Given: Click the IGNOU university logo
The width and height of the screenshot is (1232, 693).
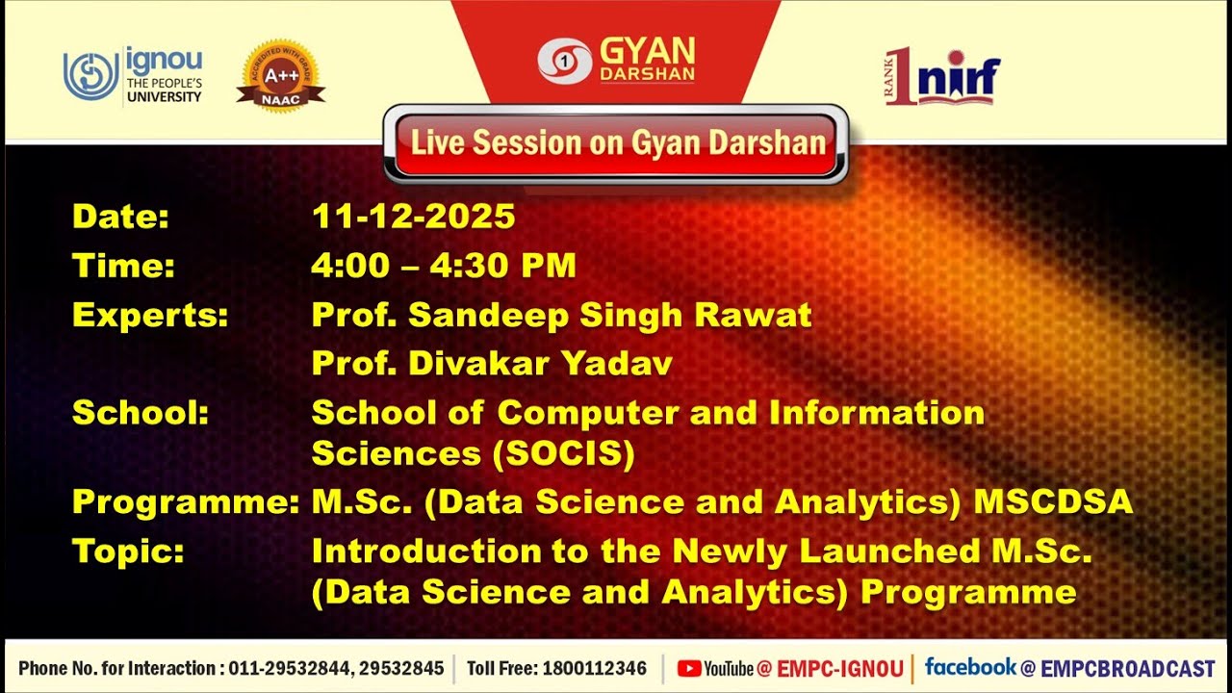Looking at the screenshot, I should tap(133, 74).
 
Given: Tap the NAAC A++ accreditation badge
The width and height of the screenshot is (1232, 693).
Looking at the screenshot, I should tap(280, 75).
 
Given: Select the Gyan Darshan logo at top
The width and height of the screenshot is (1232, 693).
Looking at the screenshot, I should tap(616, 60).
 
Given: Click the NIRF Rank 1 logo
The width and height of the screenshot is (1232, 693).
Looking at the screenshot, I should tap(942, 76).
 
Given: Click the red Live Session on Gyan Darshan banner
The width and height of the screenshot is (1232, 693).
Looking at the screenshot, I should tap(617, 143).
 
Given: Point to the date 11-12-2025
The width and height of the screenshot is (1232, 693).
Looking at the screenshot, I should tap(413, 218).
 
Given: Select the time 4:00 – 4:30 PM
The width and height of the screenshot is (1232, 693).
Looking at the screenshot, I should tap(444, 266).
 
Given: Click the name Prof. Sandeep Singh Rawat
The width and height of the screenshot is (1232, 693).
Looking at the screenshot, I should tap(561, 315).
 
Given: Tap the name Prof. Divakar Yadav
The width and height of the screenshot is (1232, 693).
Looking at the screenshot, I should tap(492, 364).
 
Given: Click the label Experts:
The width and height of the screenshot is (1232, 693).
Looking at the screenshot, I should tap(150, 315).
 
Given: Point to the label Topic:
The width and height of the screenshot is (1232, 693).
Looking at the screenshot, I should tap(128, 551).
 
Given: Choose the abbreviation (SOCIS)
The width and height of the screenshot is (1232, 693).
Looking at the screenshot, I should tap(564, 454).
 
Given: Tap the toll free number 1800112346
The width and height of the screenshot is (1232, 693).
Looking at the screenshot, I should tap(595, 668).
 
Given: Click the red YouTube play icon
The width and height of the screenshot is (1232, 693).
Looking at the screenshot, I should tap(688, 668).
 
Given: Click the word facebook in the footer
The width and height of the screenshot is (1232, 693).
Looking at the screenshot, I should tap(969, 667).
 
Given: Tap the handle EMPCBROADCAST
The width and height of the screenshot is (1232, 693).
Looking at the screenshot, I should tap(1128, 668).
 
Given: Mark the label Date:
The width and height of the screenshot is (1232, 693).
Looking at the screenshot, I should tap(120, 218).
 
